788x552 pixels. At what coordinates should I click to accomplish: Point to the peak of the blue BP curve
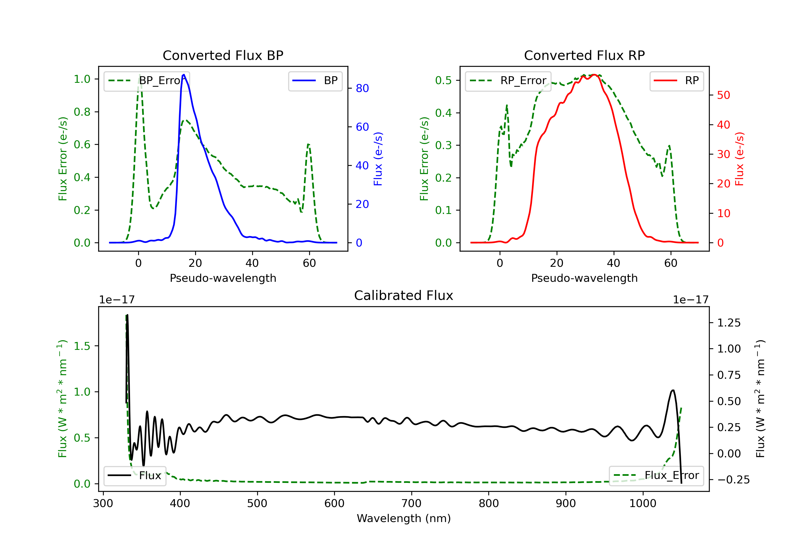184,75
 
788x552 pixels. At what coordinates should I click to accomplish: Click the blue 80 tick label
362,89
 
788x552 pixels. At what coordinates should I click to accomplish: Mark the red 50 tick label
723,95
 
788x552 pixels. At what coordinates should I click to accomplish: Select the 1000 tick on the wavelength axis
642,504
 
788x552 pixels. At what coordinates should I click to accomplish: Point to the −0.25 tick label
733,480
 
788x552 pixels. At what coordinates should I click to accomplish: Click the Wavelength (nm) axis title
404,518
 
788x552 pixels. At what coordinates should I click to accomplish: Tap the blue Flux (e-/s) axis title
378,159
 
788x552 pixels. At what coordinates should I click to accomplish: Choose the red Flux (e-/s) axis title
739,159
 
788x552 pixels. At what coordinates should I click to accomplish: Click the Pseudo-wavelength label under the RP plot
584,278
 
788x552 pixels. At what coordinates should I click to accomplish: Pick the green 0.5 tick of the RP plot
443,81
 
